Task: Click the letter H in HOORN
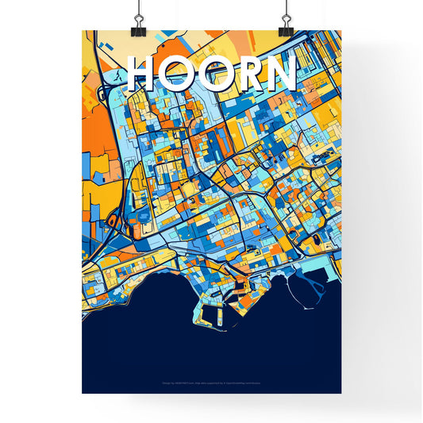[x=144, y=73]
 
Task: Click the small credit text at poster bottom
[x=211, y=383]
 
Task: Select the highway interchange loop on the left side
[x=113, y=222]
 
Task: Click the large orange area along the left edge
[x=93, y=127]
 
